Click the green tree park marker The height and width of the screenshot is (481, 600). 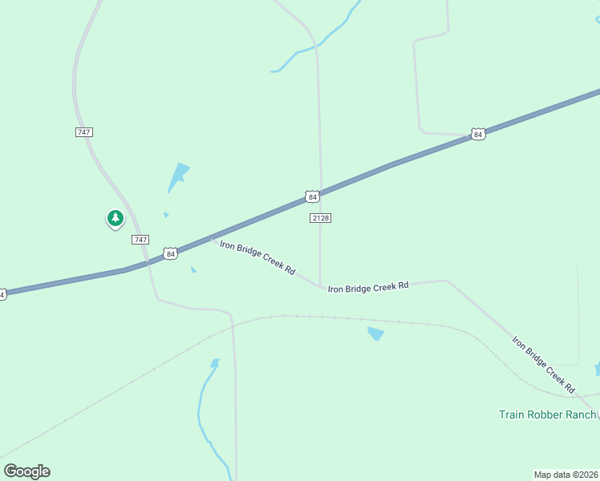(x=116, y=218)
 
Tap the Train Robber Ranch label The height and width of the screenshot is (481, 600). (x=547, y=414)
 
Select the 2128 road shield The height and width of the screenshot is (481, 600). (x=320, y=218)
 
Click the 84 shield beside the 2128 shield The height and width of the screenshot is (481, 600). (x=313, y=196)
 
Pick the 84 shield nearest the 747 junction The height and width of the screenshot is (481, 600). (x=170, y=253)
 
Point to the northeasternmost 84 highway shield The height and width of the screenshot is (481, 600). (x=478, y=135)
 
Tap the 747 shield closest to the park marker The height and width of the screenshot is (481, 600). (x=140, y=240)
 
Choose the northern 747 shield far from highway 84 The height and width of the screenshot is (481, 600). (x=84, y=131)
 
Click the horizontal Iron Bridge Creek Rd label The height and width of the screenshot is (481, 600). (x=368, y=286)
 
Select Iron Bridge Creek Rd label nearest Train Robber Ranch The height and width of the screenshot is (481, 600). (x=544, y=364)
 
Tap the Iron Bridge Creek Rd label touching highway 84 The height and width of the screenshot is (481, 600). (x=257, y=257)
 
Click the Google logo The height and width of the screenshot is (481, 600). (x=26, y=471)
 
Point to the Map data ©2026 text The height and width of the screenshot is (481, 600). (x=566, y=474)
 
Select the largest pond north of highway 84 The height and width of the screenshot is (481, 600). (x=178, y=176)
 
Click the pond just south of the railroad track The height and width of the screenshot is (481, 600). (x=375, y=333)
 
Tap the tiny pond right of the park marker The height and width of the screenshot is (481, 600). (x=166, y=215)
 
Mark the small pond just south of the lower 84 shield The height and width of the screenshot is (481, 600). (x=193, y=269)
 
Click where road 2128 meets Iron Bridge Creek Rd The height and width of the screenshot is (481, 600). (x=321, y=287)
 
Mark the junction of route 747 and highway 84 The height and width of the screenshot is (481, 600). (x=147, y=262)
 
